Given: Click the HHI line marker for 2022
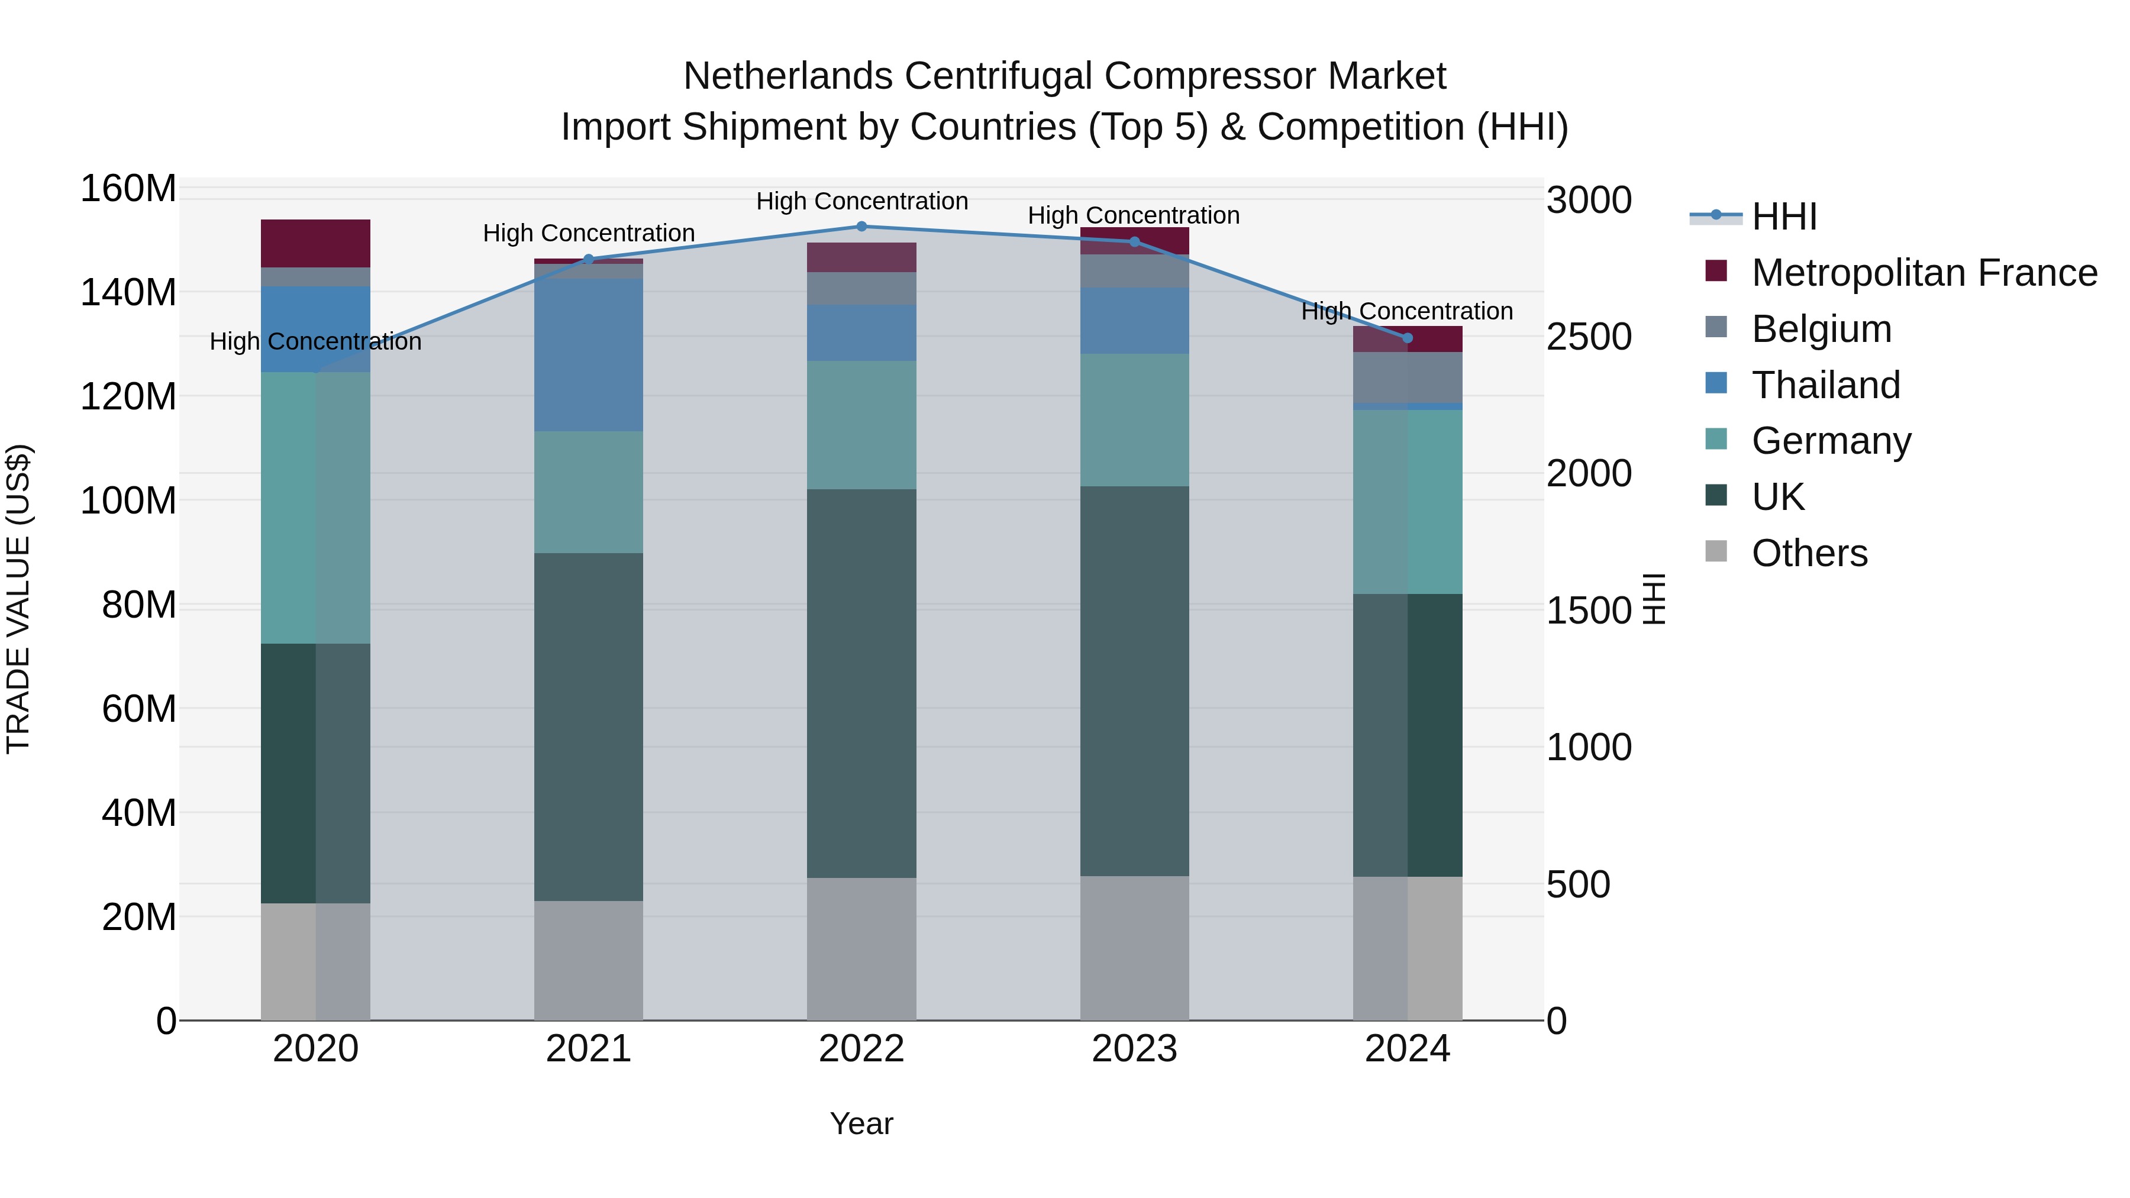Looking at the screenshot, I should coord(861,226).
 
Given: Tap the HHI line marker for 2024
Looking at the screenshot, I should coord(1408,337).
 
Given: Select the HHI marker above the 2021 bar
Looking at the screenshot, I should coord(589,259).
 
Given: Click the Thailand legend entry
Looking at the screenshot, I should coord(1826,385).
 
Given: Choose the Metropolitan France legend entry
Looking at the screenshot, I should coord(1924,272).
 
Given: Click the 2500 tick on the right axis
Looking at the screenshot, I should coord(1589,337).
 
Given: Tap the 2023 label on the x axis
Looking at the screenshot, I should coord(1134,1048).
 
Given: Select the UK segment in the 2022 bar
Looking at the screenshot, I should coord(861,682).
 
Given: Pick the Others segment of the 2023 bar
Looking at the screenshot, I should coord(1134,948).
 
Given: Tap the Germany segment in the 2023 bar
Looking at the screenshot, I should coord(1134,419).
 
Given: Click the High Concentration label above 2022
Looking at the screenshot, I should coord(861,201).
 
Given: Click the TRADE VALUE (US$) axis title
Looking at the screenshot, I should coord(18,599).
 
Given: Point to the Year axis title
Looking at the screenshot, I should coord(861,1123).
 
